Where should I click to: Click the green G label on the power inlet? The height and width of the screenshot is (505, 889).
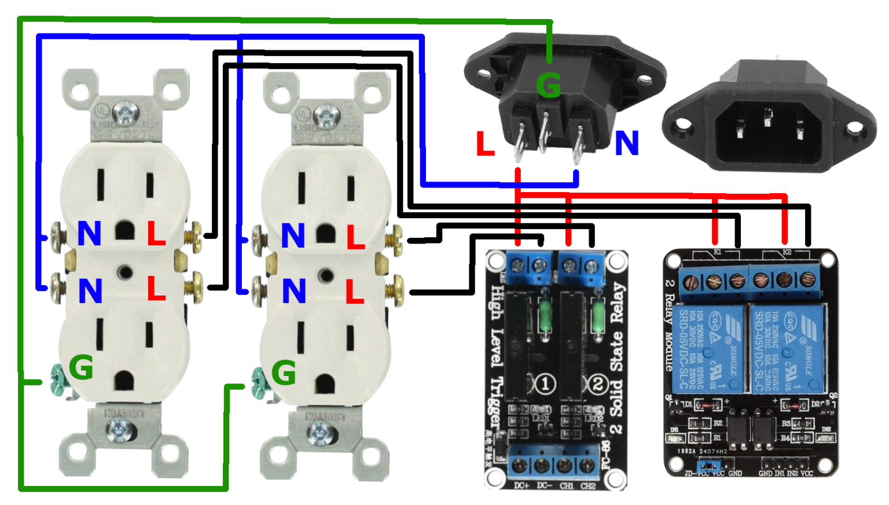pyautogui.click(x=548, y=86)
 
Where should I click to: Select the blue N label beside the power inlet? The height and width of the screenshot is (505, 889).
pyautogui.click(x=627, y=143)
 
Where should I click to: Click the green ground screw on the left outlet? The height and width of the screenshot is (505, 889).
pyautogui.click(x=58, y=379)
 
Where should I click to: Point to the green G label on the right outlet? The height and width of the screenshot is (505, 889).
pyautogui.click(x=284, y=373)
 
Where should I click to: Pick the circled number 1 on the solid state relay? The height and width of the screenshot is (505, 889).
pyautogui.click(x=544, y=384)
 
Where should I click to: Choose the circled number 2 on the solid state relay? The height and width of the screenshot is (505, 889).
pyautogui.click(x=597, y=384)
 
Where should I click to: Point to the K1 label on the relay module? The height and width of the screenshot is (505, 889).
pyautogui.click(x=717, y=252)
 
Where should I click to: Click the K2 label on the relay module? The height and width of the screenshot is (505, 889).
pyautogui.click(x=787, y=252)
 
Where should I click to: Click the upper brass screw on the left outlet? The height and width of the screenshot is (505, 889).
pyautogui.click(x=193, y=237)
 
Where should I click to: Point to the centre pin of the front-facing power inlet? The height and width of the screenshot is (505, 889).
pyautogui.click(x=767, y=118)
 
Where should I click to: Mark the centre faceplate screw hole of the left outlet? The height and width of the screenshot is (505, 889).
pyautogui.click(x=123, y=271)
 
